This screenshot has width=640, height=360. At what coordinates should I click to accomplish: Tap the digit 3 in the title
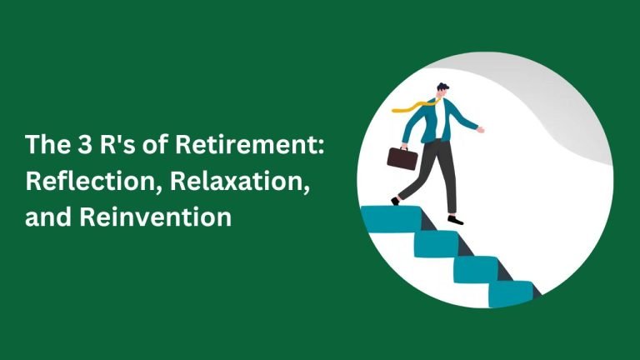pyautogui.click(x=85, y=144)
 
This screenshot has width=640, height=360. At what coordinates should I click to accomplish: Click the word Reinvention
pyautogui.click(x=156, y=217)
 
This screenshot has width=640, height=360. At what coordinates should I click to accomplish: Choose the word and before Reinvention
pyautogui.click(x=49, y=217)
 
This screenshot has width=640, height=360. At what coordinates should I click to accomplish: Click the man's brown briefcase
pyautogui.click(x=402, y=158)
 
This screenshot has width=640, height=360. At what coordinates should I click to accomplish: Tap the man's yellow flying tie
pyautogui.click(x=414, y=106)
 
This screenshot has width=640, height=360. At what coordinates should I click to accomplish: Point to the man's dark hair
pyautogui.click(x=442, y=87)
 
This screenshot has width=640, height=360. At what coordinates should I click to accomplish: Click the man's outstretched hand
pyautogui.click(x=480, y=130)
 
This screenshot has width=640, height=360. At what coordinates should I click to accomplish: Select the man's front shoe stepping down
pyautogui.click(x=456, y=220)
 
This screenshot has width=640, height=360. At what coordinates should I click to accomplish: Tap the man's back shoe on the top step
pyautogui.click(x=395, y=201)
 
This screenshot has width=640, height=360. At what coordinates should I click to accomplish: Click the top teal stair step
pyautogui.click(x=392, y=219)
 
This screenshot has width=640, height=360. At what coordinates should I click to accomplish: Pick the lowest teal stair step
pyautogui.click(x=511, y=294)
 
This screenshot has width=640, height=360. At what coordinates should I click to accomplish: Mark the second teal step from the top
pyautogui.click(x=437, y=244)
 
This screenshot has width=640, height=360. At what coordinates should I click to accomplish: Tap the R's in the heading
pyautogui.click(x=117, y=144)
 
